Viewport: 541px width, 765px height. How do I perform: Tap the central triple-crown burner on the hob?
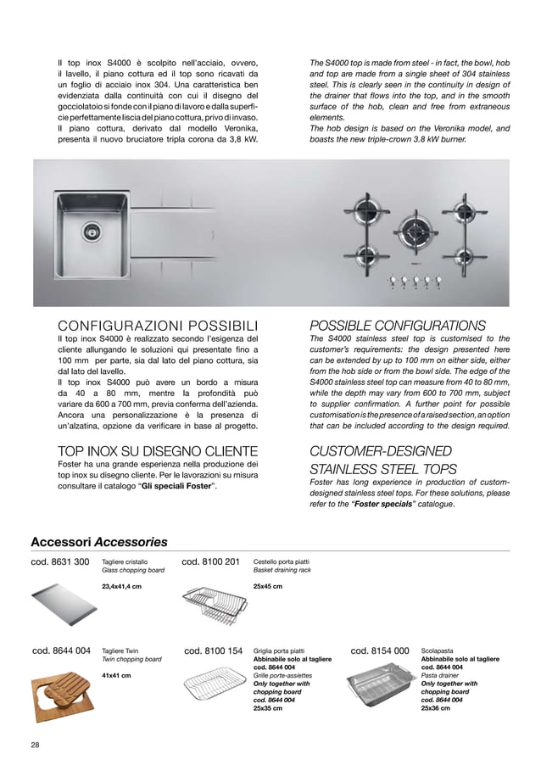pyautogui.click(x=416, y=229)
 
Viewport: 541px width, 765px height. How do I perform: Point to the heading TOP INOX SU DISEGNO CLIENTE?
pyautogui.click(x=157, y=450)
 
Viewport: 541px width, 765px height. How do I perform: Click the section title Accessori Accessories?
pyautogui.click(x=99, y=542)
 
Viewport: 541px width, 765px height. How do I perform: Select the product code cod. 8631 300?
pyautogui.click(x=60, y=561)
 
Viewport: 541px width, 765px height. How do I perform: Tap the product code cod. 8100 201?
pyautogui.click(x=211, y=561)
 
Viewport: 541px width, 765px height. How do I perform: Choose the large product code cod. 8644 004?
pyautogui.click(x=61, y=651)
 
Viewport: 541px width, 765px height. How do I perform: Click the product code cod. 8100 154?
pyautogui.click(x=213, y=651)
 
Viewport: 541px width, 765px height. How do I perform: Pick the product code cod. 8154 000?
pyautogui.click(x=379, y=651)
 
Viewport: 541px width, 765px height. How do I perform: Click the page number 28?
pyautogui.click(x=35, y=745)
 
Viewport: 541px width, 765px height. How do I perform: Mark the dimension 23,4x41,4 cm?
pyautogui.click(x=121, y=586)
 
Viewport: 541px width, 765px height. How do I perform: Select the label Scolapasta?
pyautogui.click(x=437, y=651)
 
